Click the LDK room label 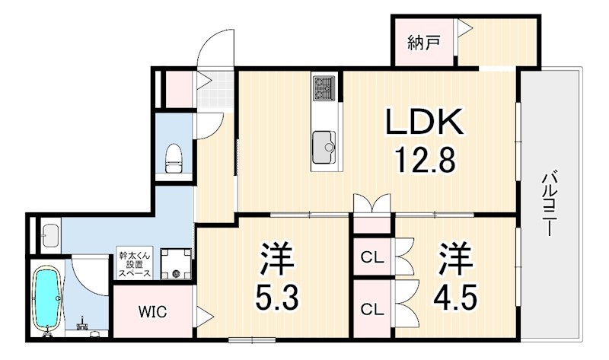click(425, 121)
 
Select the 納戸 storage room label click(423, 42)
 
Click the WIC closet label click(153, 311)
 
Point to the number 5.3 click(277, 297)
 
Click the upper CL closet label click(372, 257)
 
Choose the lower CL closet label click(372, 309)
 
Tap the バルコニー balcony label click(548, 205)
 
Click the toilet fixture click(174, 158)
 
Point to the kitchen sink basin click(324, 148)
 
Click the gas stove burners click(324, 88)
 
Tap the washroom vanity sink click(50, 236)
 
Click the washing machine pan click(176, 263)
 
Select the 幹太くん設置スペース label click(135, 264)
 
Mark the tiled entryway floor click(215, 90)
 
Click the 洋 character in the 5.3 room click(276, 258)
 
